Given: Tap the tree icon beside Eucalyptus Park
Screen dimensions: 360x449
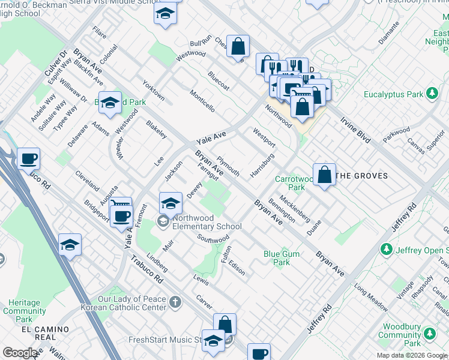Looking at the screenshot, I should click(x=431, y=94).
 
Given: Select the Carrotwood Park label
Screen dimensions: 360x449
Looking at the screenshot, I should click(x=294, y=183).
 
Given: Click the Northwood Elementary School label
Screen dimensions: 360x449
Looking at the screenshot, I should click(x=206, y=223).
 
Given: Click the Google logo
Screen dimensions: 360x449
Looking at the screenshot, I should click(x=20, y=353).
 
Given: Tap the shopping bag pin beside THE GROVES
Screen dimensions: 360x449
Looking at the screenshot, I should click(x=324, y=175).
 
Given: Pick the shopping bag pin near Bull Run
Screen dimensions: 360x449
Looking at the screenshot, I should click(x=238, y=46).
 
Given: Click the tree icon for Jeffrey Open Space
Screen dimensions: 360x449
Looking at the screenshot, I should click(x=387, y=248).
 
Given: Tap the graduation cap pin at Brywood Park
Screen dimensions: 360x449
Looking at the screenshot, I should click(x=110, y=104).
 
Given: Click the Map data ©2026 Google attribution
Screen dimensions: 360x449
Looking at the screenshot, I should click(x=411, y=355).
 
